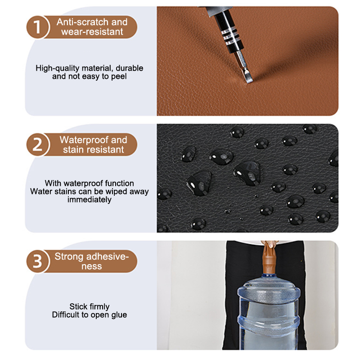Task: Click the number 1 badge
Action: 37,27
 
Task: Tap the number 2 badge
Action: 37,144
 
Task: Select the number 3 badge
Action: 37,261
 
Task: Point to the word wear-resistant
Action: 92,31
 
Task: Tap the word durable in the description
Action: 130,68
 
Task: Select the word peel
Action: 119,76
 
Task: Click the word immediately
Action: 89,200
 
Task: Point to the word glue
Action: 119,315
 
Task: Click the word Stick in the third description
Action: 76,306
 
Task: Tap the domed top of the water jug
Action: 269,288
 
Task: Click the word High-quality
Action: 58,68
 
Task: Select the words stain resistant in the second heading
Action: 94,150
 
